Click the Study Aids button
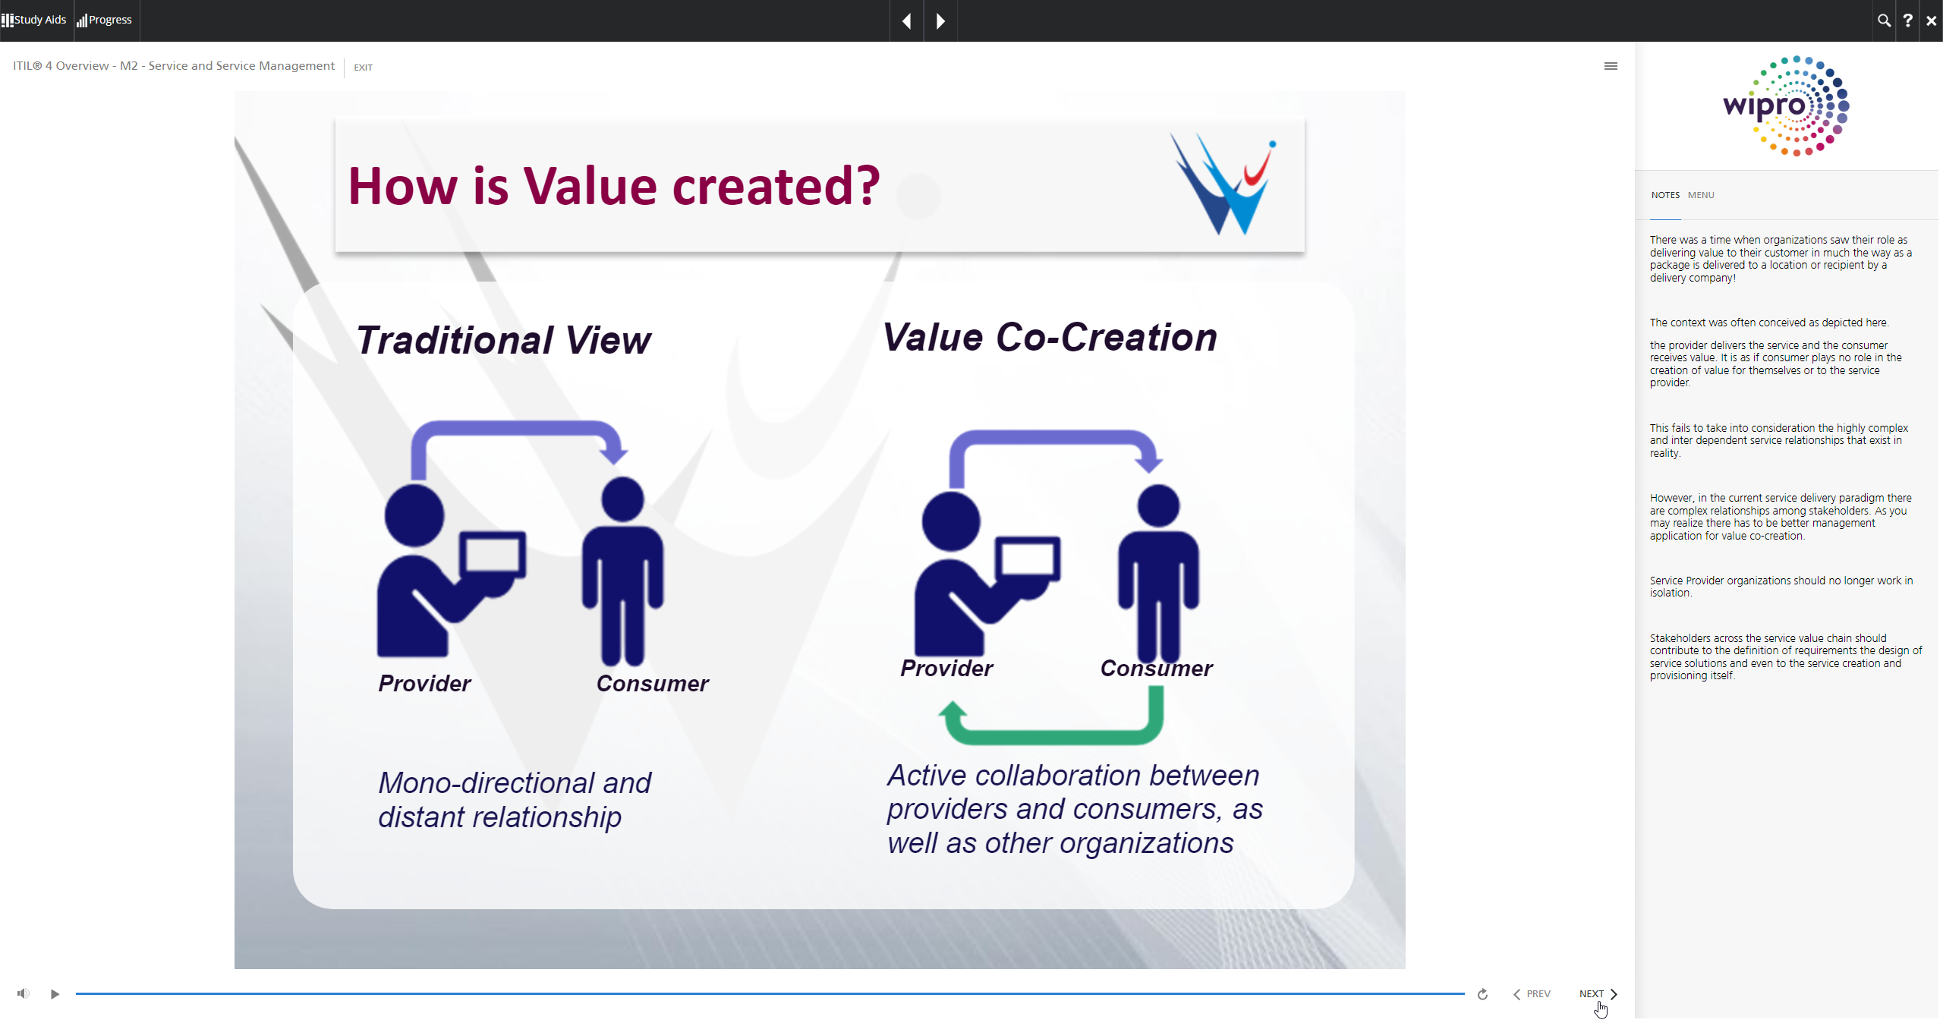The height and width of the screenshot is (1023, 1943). tap(34, 20)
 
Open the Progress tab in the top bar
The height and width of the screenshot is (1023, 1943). tap(105, 20)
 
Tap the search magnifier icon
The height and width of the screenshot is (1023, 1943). tap(1884, 20)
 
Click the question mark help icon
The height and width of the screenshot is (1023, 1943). tap(1907, 20)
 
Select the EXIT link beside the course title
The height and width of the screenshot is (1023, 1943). tap(363, 68)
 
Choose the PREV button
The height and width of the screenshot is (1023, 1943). tap(1532, 994)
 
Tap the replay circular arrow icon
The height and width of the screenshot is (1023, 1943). tap(1482, 994)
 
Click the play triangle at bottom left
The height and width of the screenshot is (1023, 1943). tap(55, 994)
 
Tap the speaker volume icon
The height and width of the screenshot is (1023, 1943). tap(24, 993)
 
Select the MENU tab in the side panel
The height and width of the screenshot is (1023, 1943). tap(1701, 195)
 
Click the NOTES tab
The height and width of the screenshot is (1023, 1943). tap(1665, 195)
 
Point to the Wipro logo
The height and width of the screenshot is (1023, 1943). tap(1786, 106)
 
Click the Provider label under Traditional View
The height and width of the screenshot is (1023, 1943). tap(424, 684)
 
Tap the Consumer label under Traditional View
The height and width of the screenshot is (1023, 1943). tap(653, 684)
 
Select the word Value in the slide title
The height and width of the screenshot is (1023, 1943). tap(590, 186)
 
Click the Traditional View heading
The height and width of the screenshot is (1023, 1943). tap(503, 340)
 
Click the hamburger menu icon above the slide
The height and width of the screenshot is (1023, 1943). tap(1611, 66)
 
